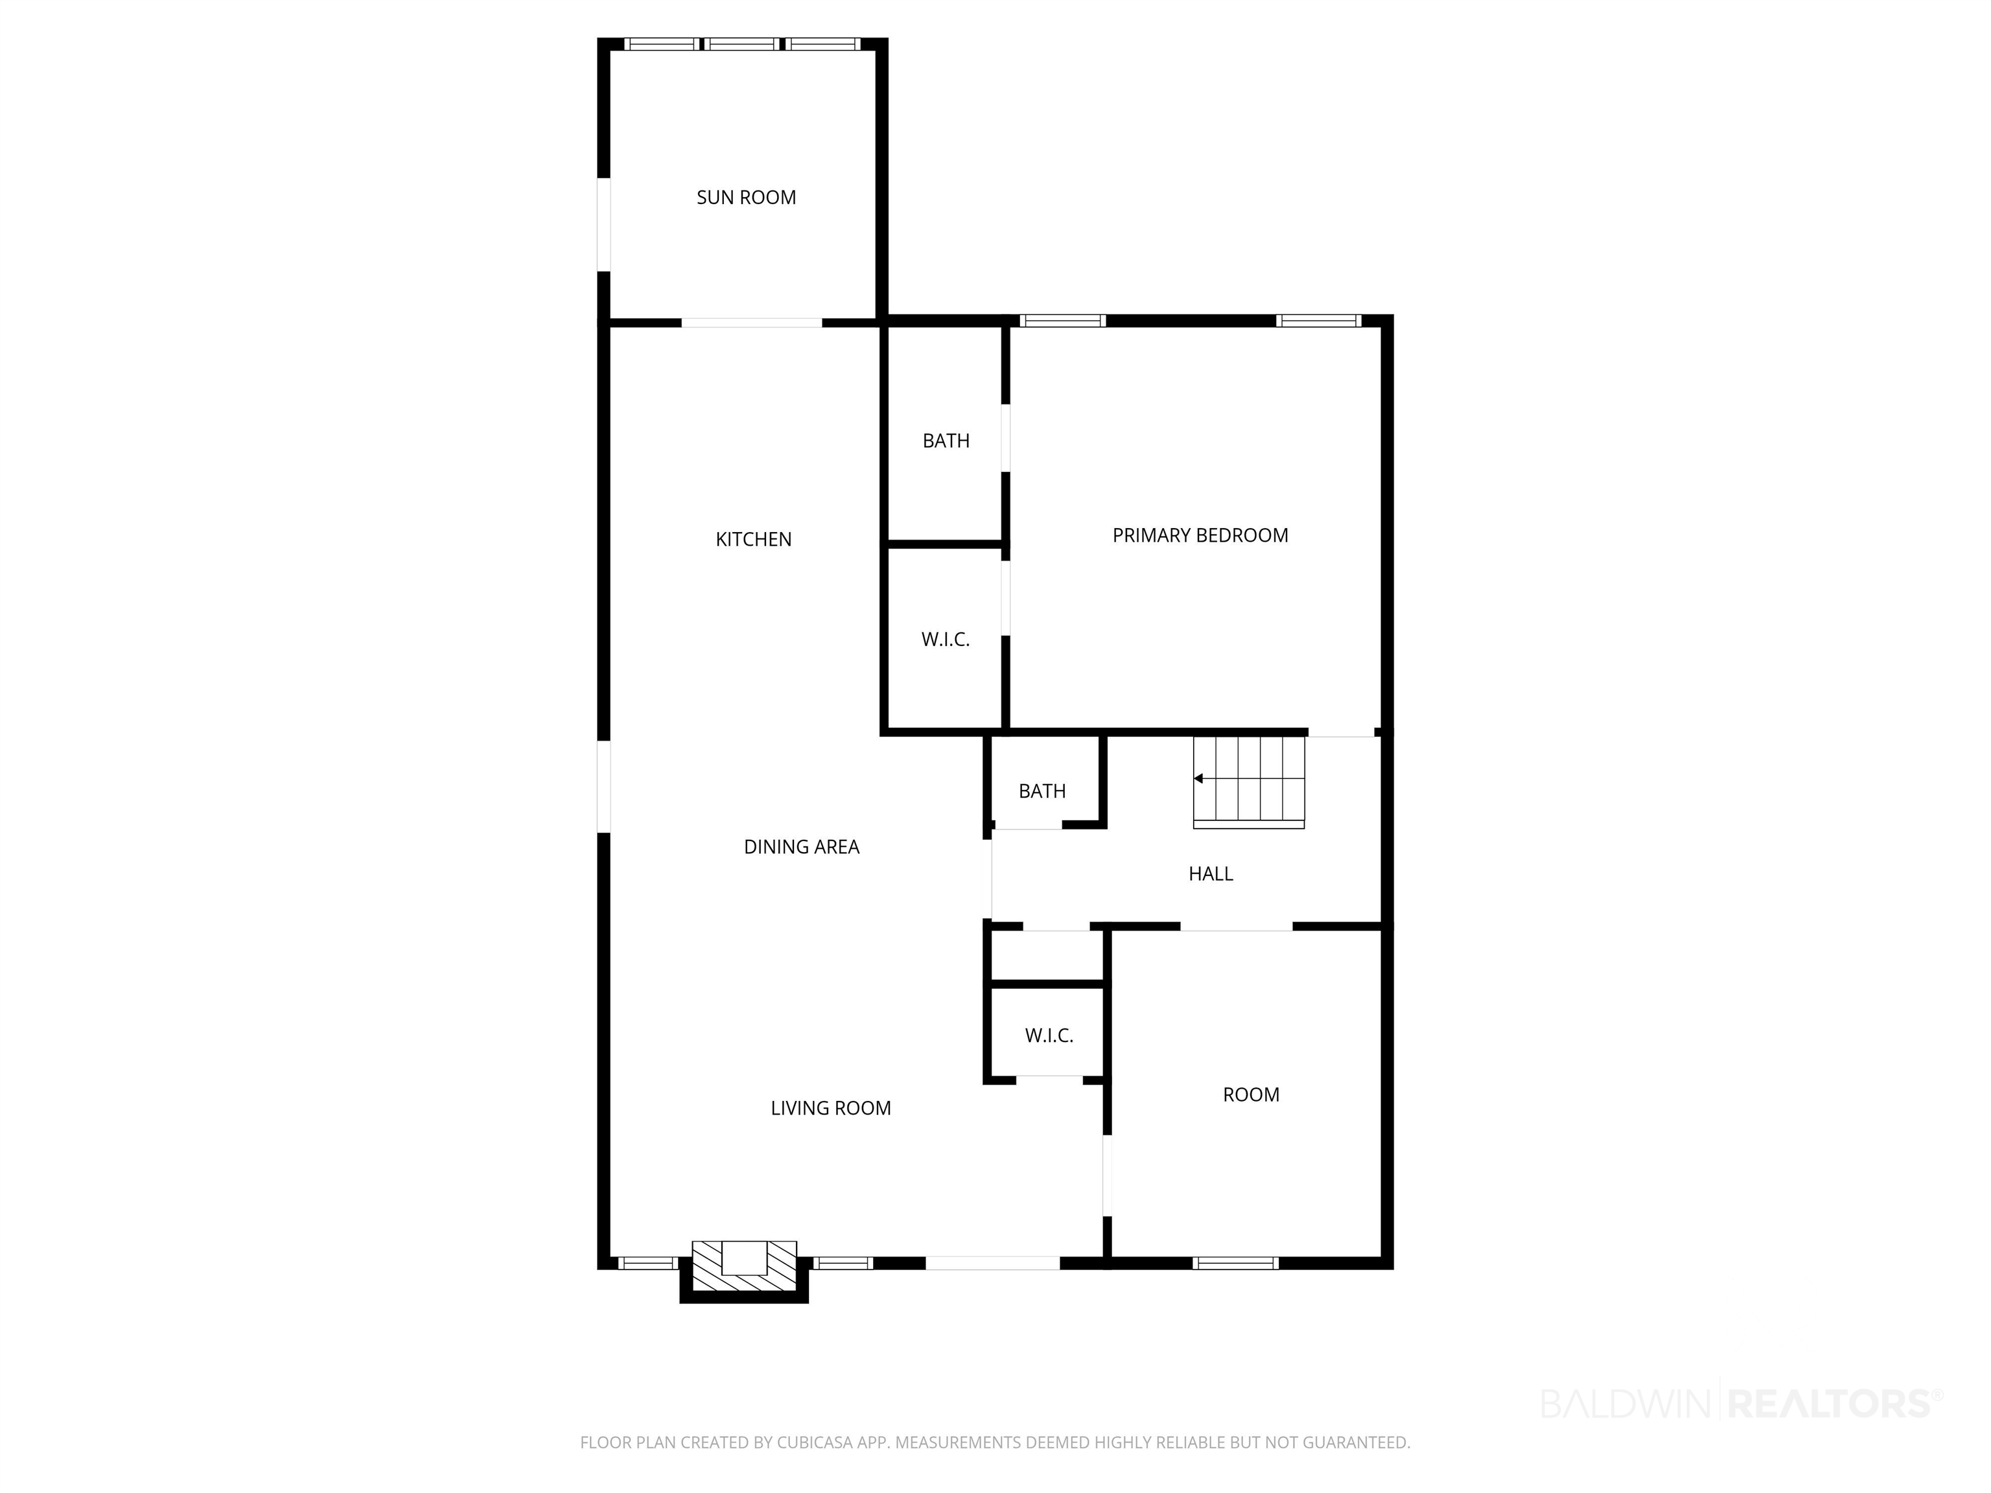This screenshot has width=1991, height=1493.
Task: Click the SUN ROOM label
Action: click(746, 197)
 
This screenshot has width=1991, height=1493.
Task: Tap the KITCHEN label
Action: click(753, 539)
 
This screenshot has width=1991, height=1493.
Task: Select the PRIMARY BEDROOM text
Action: click(1200, 535)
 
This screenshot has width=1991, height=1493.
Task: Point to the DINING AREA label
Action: click(801, 847)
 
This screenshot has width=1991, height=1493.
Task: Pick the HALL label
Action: click(1211, 874)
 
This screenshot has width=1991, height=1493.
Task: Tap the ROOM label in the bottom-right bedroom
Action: click(1251, 1094)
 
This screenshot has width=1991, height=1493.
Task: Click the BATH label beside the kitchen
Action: click(946, 441)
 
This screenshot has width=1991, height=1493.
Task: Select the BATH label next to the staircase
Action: click(1042, 791)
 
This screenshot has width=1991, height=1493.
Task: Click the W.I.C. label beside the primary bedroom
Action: click(945, 640)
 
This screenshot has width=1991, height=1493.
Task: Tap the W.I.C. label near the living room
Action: click(1049, 1036)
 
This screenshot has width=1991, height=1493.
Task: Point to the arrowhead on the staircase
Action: click(1198, 778)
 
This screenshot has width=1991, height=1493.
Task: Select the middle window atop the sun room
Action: click(741, 44)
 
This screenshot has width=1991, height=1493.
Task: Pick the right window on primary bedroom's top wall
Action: click(1320, 320)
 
